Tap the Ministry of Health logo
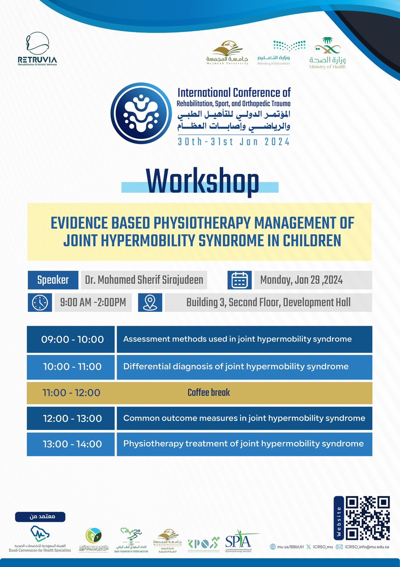(x=327, y=53)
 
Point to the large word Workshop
(x=202, y=182)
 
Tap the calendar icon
(x=239, y=280)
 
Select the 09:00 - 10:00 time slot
(x=71, y=339)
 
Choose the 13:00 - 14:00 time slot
(x=71, y=444)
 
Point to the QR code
(x=368, y=518)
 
